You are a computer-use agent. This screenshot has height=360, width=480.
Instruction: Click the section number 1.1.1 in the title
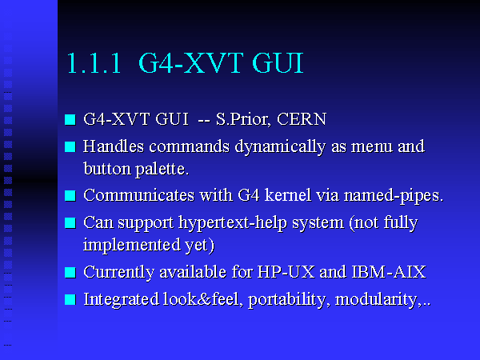tap(94, 63)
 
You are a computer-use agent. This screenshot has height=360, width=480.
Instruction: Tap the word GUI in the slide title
tap(278, 63)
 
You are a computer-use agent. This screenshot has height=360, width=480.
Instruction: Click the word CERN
tap(302, 118)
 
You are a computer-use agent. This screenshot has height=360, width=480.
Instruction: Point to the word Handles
tap(114, 146)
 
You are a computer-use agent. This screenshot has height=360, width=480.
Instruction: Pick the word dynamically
tap(280, 147)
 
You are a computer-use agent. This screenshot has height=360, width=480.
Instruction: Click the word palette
tap(162, 170)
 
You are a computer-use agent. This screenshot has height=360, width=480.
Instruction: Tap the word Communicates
tap(138, 195)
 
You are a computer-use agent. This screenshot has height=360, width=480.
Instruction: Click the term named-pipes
tap(394, 196)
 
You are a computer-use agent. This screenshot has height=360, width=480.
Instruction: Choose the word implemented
tap(132, 246)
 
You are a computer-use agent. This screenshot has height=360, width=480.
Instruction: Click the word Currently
tap(118, 272)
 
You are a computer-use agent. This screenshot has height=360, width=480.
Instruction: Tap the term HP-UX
tap(286, 271)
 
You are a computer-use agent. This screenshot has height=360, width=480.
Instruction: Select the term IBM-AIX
tap(389, 271)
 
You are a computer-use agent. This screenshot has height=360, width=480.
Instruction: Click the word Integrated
tap(122, 300)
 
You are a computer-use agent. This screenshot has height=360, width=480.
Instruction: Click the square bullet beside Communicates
tap(70, 196)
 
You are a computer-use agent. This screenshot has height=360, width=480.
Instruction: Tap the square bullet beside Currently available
tap(70, 272)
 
